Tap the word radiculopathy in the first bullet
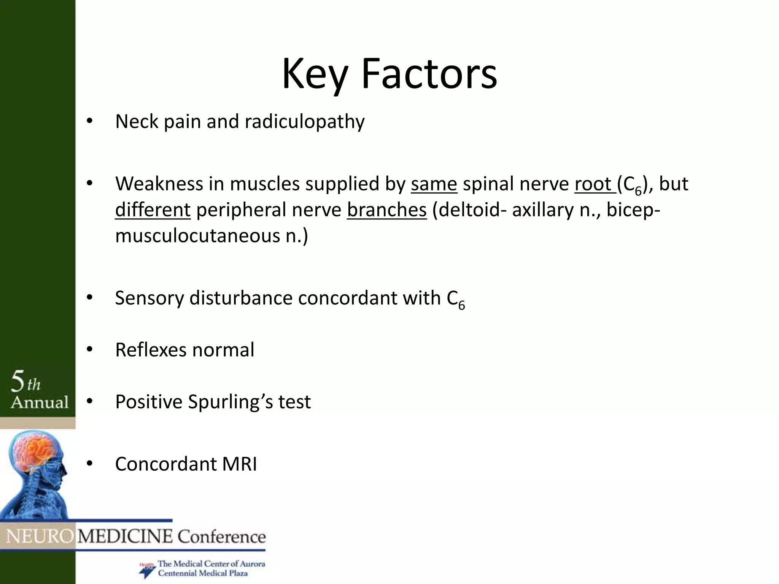coord(304,122)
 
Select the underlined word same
coord(434,184)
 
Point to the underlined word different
coord(153,210)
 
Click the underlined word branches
coord(386,210)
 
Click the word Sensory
coord(149,298)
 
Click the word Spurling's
coord(230,402)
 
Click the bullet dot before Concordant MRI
coord(89,463)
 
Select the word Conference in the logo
coord(221,537)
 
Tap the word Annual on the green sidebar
coord(40,402)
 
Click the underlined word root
coord(595,184)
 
